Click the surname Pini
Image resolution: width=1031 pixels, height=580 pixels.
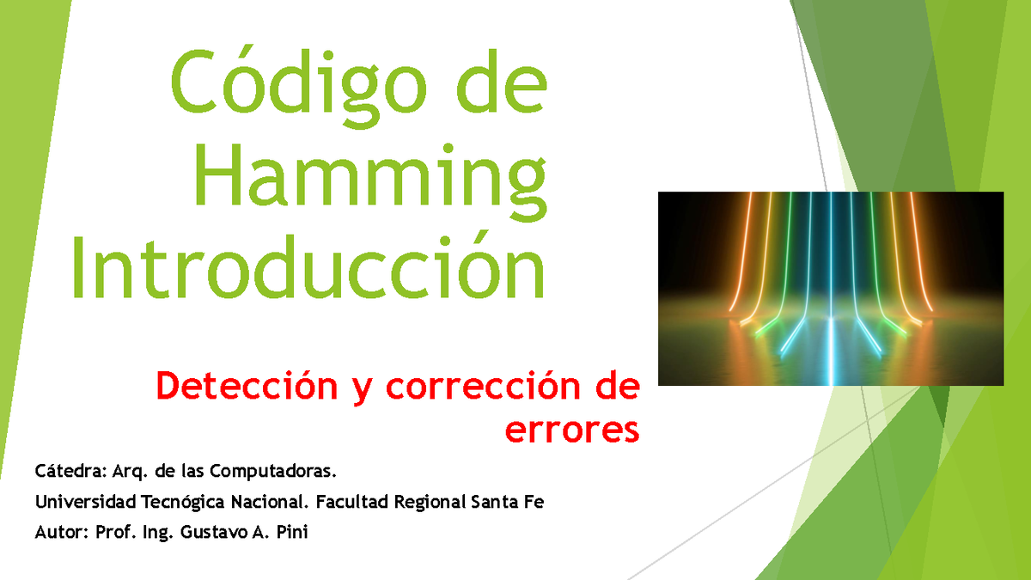290,533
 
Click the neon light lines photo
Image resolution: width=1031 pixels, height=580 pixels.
830,288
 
